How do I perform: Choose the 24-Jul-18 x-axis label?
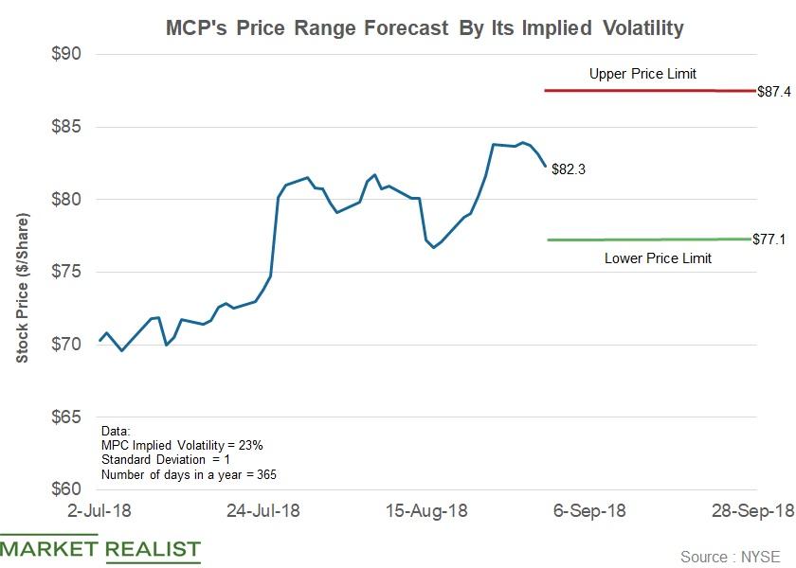point(264,509)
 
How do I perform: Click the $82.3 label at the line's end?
point(568,170)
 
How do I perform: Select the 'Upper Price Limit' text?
point(642,73)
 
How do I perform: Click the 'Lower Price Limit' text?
point(658,257)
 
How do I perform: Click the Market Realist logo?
point(100,549)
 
